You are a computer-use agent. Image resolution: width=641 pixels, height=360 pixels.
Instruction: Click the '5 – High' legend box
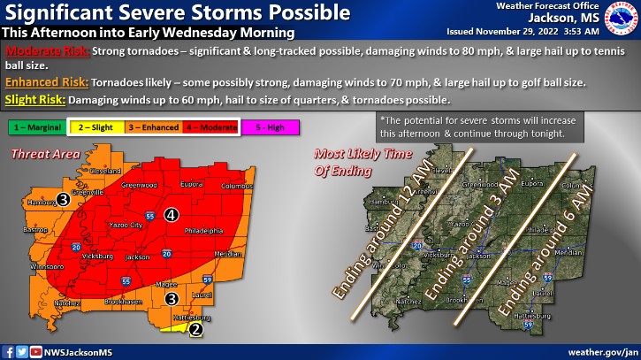click(270, 128)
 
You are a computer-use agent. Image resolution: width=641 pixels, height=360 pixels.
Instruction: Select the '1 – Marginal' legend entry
click(38, 128)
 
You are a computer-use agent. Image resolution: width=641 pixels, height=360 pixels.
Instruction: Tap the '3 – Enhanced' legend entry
click(153, 128)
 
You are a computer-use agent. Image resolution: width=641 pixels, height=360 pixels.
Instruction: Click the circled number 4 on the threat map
click(171, 213)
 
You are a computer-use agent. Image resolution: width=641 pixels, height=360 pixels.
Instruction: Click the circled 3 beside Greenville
click(64, 200)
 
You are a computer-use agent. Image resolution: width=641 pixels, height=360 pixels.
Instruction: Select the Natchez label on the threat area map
click(55, 302)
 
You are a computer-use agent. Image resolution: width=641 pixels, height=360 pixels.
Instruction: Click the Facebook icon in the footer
click(8, 351)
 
